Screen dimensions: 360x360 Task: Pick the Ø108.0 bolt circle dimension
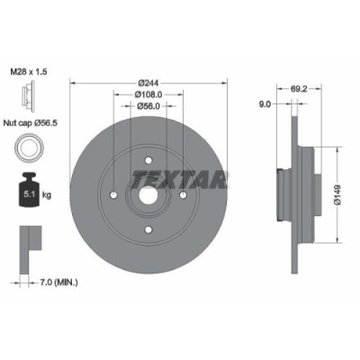tap(148, 94)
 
